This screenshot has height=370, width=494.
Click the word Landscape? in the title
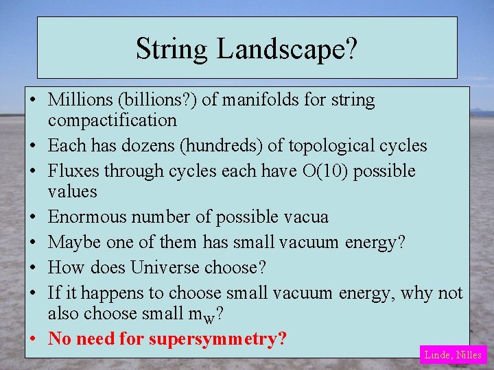pyautogui.click(x=287, y=49)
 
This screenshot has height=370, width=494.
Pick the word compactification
pyautogui.click(x=112, y=120)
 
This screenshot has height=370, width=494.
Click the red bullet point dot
pyautogui.click(x=33, y=339)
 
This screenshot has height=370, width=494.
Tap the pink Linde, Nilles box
pyautogui.click(x=453, y=354)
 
